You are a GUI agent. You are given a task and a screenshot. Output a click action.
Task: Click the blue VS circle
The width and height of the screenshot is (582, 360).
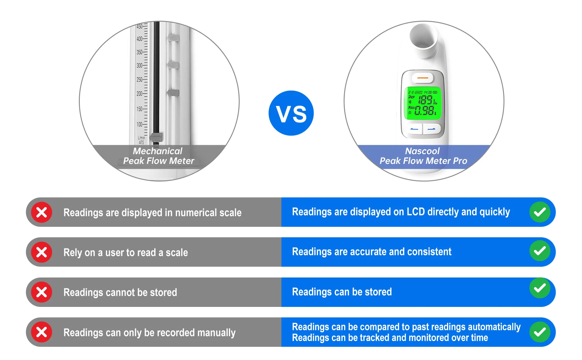(291, 113)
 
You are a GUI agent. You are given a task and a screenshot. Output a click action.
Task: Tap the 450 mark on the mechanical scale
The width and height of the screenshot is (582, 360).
(139, 26)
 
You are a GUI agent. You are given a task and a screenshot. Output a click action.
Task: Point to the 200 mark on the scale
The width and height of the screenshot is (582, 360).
(139, 94)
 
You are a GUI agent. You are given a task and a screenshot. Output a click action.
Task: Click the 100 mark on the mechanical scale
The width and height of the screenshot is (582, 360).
(139, 124)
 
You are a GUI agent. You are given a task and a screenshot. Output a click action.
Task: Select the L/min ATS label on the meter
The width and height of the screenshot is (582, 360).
(141, 140)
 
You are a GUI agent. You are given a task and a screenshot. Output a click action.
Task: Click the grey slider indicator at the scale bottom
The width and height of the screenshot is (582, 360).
(156, 137)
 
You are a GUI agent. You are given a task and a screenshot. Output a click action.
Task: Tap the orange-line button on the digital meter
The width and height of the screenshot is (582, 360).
(423, 78)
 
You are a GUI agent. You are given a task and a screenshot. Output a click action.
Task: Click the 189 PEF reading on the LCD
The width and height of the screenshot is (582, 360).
(425, 100)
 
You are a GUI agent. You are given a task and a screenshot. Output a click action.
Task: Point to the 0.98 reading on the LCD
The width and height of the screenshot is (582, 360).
(424, 111)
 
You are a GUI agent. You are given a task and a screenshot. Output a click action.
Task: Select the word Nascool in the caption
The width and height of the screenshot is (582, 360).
(422, 151)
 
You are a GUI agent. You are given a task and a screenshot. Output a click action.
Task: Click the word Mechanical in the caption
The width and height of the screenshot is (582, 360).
(157, 151)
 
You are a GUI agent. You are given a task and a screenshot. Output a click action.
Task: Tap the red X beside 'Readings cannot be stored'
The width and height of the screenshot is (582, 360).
(42, 292)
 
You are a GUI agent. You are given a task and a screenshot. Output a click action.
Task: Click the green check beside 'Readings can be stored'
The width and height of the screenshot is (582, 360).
(540, 288)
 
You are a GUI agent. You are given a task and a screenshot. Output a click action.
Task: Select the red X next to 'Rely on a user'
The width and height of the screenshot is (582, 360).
(42, 252)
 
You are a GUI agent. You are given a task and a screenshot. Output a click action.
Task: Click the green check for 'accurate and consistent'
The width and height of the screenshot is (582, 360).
(540, 251)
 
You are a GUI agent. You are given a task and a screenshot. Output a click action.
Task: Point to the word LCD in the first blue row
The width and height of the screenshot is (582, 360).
(415, 212)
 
